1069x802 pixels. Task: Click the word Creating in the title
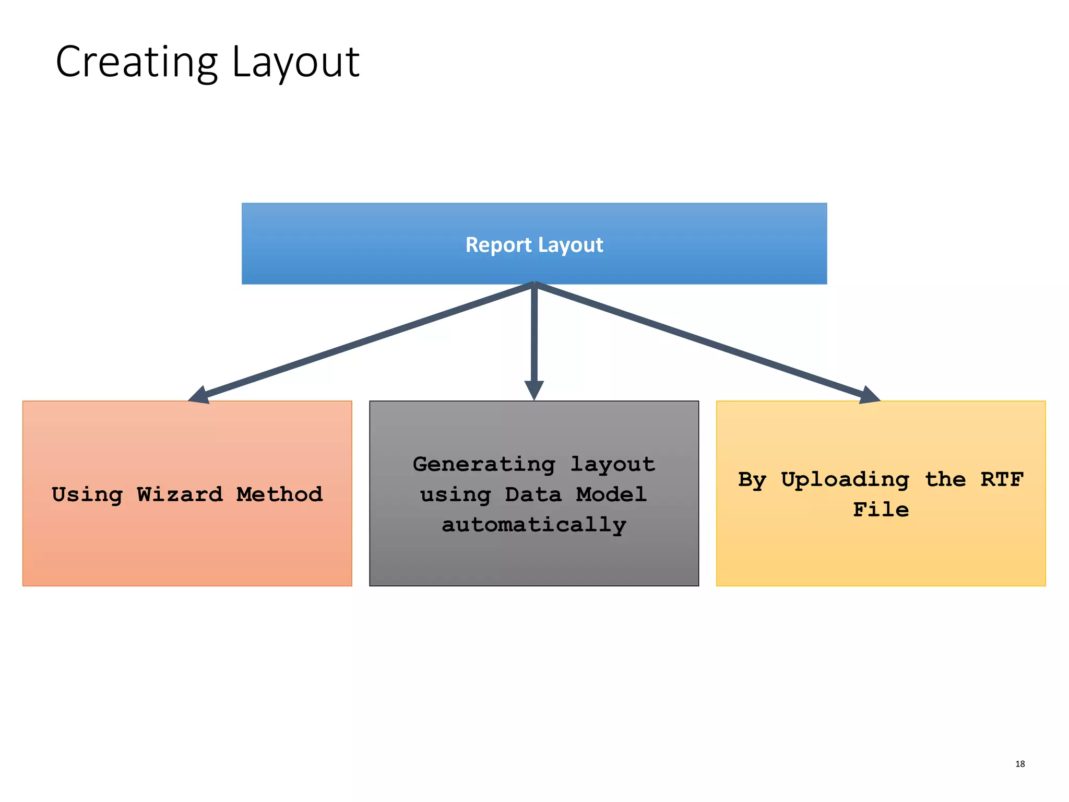point(136,63)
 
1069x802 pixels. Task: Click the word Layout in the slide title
point(295,63)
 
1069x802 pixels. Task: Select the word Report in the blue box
point(498,245)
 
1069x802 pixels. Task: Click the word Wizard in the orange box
point(180,494)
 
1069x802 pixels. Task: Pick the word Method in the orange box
point(279,494)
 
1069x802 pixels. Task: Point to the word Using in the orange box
point(87,494)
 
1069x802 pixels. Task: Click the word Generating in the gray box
point(484,464)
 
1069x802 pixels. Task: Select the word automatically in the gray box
point(534,524)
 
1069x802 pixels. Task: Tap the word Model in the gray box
point(611,494)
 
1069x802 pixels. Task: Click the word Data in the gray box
point(533,494)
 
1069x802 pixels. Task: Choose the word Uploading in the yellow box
point(845,479)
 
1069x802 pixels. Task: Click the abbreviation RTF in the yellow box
point(1002,479)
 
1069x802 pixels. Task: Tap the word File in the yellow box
point(881,509)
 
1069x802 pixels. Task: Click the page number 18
point(1020,764)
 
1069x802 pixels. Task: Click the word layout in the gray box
point(612,464)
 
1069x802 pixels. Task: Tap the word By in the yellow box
point(752,479)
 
